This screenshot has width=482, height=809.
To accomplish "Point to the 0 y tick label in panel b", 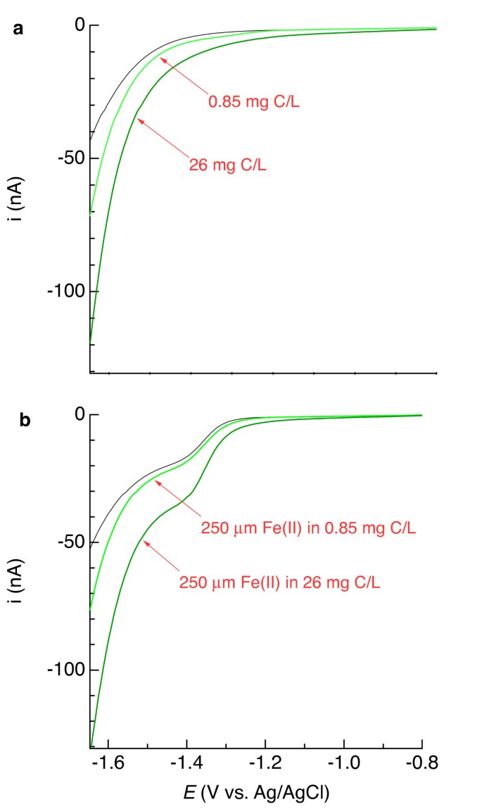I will pyautogui.click(x=80, y=415).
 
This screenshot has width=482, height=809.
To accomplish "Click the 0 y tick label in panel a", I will pyautogui.click(x=80, y=25).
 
